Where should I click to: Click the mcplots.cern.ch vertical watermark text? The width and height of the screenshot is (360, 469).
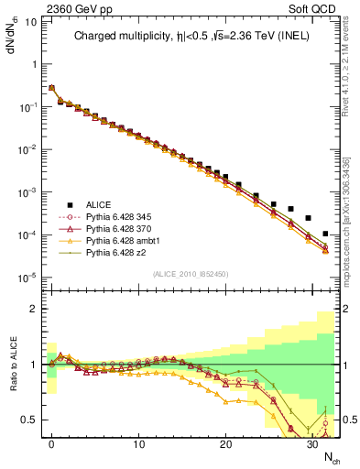coord(352,229)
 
